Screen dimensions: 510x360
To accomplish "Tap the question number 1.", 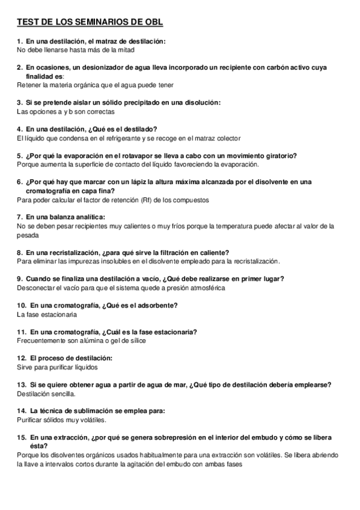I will [x=19, y=41].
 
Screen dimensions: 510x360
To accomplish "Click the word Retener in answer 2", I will [x=28, y=85].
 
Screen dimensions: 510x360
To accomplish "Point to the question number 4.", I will [x=19, y=129].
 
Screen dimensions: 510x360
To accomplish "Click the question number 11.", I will [x=21, y=332].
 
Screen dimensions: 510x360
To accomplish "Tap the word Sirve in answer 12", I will [x=25, y=367].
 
